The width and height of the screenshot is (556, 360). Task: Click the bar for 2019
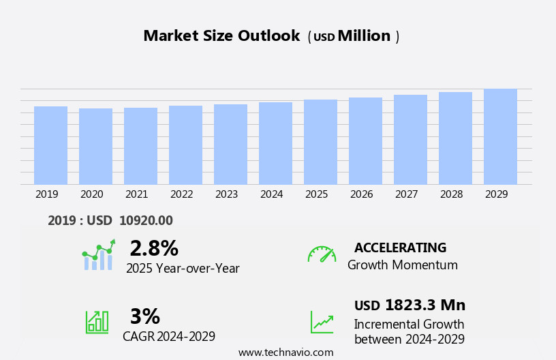[50, 145]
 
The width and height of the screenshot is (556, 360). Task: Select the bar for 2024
[275, 143]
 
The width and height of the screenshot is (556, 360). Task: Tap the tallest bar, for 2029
[500, 136]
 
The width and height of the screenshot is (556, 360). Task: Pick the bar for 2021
[140, 146]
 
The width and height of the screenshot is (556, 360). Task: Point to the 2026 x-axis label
[361, 194]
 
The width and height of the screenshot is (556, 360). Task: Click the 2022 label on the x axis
[181, 194]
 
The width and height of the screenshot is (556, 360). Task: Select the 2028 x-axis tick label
[451, 194]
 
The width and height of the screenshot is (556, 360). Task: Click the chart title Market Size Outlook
[221, 36]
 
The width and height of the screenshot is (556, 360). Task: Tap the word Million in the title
[364, 36]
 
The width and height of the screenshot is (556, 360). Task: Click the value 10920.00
[146, 220]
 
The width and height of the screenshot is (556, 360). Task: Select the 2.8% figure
[154, 248]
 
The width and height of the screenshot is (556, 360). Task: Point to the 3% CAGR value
[144, 316]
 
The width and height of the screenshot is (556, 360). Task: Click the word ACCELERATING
[400, 247]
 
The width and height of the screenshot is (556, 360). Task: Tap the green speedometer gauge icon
[322, 254]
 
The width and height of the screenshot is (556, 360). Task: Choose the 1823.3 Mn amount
[424, 305]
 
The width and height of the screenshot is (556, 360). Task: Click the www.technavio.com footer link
[285, 352]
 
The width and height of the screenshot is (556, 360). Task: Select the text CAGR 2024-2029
[169, 336]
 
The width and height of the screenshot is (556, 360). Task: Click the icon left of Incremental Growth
[322, 322]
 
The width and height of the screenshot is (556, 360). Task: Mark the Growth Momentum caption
[402, 265]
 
